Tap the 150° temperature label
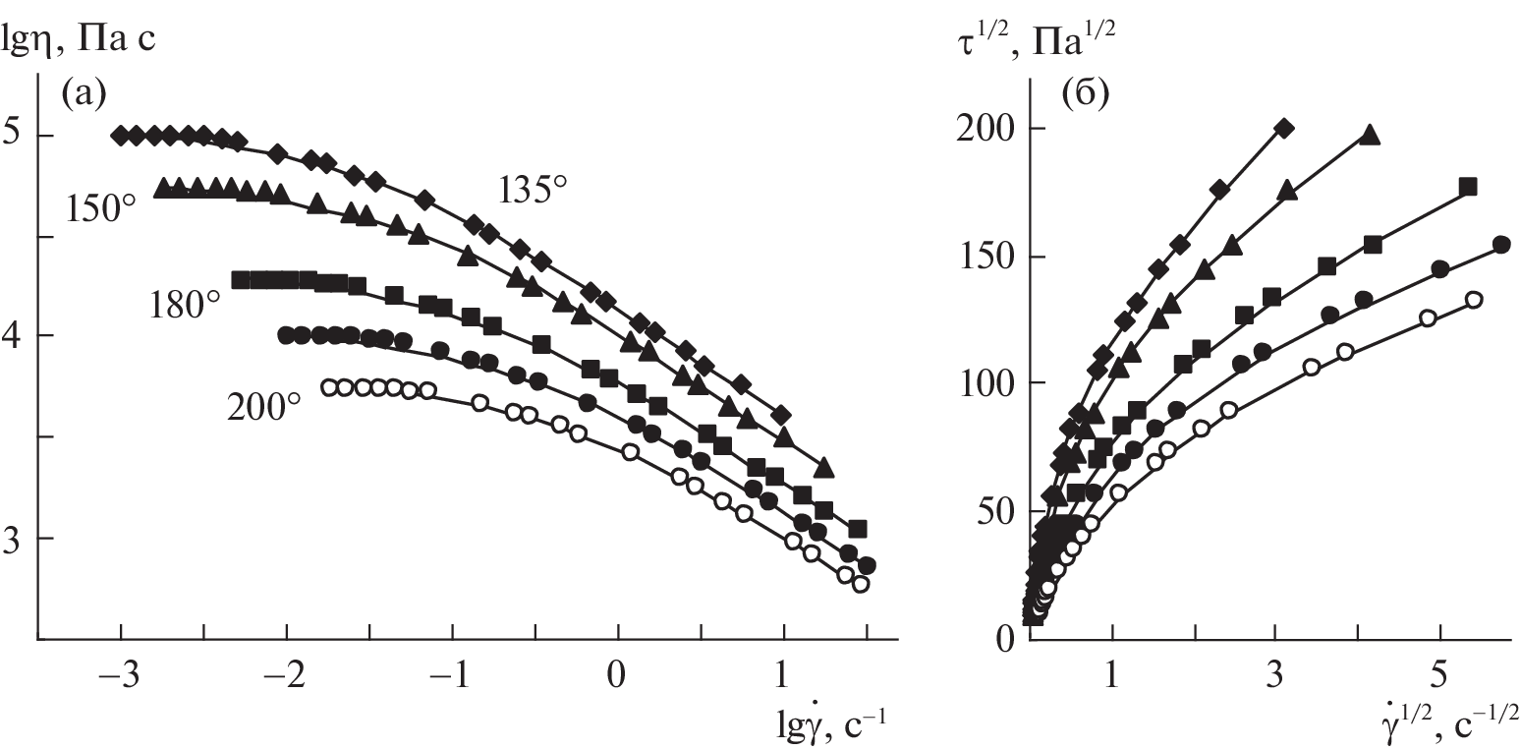pyautogui.click(x=101, y=208)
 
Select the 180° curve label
pyautogui.click(x=186, y=304)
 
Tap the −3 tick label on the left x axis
pyautogui.click(x=115, y=680)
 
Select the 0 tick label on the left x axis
pyautogui.click(x=617, y=680)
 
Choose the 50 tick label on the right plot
pyautogui.click(x=998, y=511)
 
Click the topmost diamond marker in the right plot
pyautogui.click(x=1283, y=128)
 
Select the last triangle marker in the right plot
pyautogui.click(x=1371, y=136)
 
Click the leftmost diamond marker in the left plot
pyautogui.click(x=120, y=135)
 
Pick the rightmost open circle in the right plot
pyautogui.click(x=1473, y=300)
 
